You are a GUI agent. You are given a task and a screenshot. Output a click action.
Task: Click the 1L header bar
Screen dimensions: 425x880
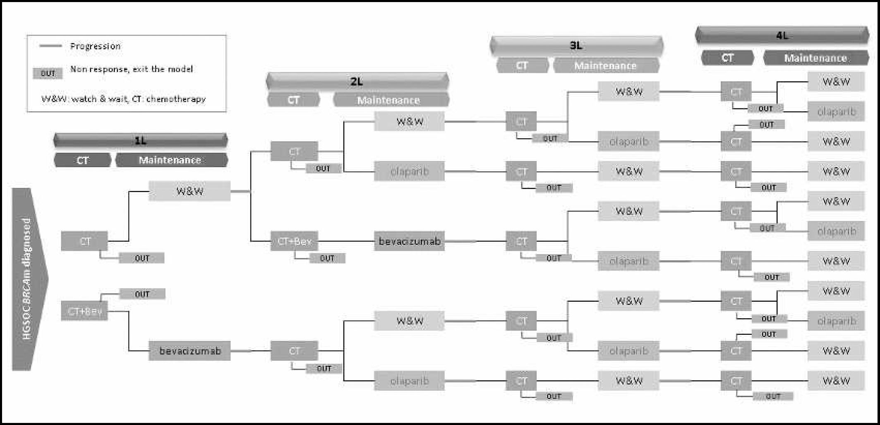[140, 141]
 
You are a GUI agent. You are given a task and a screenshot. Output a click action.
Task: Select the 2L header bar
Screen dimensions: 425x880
[357, 82]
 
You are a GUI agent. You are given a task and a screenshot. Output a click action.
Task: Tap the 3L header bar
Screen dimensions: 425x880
[576, 46]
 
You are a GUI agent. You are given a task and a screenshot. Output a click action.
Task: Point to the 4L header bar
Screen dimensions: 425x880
[782, 36]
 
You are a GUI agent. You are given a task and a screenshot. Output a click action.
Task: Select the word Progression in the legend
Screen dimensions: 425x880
[95, 46]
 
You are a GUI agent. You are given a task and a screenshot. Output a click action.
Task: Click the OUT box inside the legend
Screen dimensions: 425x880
[48, 73]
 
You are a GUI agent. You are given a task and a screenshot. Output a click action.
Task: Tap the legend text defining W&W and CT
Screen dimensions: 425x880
[123, 99]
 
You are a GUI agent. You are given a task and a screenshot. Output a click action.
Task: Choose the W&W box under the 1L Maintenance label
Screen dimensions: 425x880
[189, 191]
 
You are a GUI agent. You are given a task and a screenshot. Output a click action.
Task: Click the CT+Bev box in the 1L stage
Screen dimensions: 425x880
[84, 311]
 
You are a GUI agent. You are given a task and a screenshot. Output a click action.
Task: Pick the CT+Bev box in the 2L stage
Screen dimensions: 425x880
[294, 241]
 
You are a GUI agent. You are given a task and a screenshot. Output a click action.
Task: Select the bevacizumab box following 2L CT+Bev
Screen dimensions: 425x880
[409, 241]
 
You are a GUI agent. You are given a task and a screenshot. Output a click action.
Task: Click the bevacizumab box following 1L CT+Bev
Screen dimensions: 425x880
[189, 351]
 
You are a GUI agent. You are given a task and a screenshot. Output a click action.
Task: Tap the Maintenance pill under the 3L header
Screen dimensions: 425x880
[605, 66]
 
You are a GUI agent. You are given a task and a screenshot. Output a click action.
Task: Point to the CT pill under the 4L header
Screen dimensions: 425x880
[727, 58]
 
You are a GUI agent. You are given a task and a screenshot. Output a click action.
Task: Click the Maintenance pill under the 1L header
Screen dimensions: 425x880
[170, 160]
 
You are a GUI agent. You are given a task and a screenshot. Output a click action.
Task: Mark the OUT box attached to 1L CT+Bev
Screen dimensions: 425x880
[142, 294]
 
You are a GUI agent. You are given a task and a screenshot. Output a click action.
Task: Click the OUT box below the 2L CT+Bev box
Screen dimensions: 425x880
[327, 258]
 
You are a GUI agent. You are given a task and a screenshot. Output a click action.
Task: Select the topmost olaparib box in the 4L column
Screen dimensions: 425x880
[836, 112]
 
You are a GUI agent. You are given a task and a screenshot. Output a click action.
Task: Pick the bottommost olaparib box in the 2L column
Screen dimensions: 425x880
[409, 381]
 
